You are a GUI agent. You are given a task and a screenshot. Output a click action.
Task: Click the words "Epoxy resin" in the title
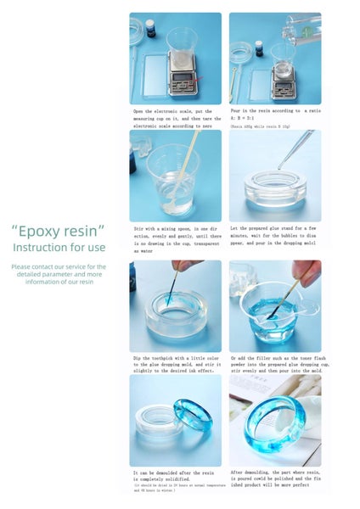[x=59, y=231]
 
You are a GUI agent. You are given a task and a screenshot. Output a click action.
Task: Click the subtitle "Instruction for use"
[x=59, y=247]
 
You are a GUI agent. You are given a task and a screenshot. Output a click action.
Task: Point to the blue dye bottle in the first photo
[x=149, y=27]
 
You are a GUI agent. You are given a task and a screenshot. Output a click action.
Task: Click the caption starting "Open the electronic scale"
[x=175, y=118]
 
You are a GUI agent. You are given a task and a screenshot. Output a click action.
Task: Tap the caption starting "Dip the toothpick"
[x=175, y=364]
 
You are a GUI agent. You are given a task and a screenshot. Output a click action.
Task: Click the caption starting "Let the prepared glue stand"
[x=274, y=236]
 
